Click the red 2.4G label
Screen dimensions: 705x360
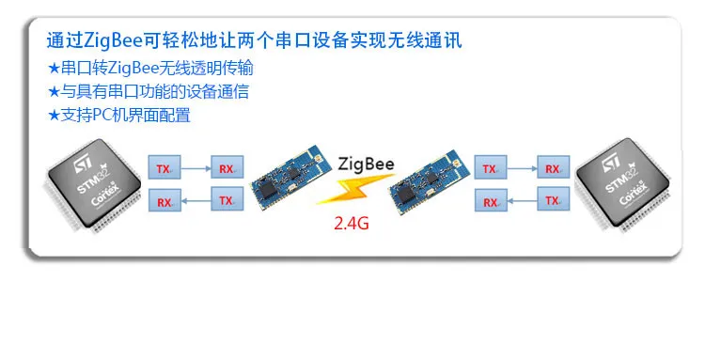(352, 223)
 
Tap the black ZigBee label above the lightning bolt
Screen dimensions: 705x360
(366, 164)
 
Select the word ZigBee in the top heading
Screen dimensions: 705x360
(113, 40)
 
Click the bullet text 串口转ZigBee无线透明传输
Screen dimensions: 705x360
(157, 69)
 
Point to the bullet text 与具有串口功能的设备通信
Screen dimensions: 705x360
(155, 92)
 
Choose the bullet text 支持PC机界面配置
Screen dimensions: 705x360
(125, 115)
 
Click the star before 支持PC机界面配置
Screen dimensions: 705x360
(54, 116)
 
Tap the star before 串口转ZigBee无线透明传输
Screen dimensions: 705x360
(54, 69)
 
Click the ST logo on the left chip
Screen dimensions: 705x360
(84, 164)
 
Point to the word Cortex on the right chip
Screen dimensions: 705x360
(634, 194)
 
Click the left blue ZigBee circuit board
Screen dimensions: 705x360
(285, 178)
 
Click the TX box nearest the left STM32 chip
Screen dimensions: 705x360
(164, 167)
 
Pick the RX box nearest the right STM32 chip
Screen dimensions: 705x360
(554, 167)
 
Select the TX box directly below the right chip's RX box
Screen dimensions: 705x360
(554, 199)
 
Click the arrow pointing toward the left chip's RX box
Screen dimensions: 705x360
(196, 200)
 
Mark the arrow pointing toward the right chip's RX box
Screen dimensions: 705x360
(522, 168)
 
